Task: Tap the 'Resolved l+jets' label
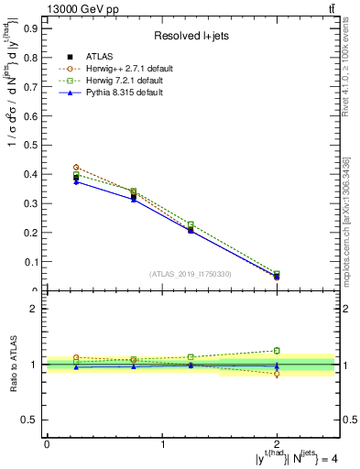tap(191, 37)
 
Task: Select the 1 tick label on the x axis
tap(163, 444)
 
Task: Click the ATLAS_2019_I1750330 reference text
tap(191, 273)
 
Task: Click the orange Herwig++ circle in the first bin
tap(76, 168)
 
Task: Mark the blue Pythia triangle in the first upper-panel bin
tap(76, 181)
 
